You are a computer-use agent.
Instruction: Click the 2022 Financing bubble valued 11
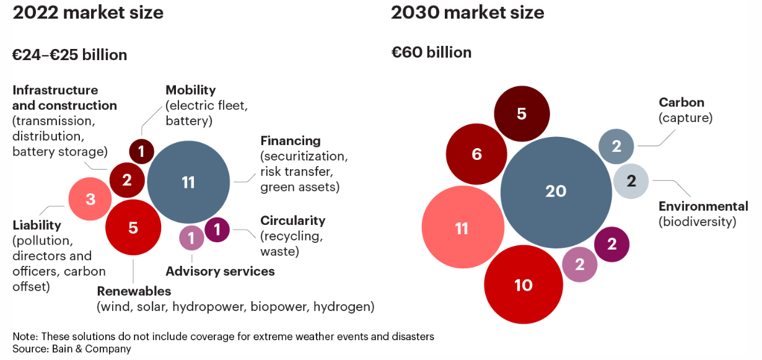pos(188,182)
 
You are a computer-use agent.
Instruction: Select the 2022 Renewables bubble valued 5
pos(133,227)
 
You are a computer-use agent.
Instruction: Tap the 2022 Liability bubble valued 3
pos(90,199)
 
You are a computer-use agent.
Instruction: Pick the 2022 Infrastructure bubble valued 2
pos(127,180)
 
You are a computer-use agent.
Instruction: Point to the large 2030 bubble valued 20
pos(556,191)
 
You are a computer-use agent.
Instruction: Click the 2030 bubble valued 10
pos(523,285)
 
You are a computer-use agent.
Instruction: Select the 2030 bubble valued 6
pos(476,154)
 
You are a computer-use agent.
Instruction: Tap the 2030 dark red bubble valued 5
pos(522,114)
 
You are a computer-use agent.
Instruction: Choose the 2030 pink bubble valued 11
pos(462,229)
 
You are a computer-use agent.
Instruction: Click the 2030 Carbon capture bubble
pos(616,147)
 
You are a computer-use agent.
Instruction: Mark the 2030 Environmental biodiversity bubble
pos(631,182)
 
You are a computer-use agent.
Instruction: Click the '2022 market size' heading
pos(88,12)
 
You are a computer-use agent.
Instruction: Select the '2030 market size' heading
pos(467,12)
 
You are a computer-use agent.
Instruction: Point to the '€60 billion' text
pos(431,53)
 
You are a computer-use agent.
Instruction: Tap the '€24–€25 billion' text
pos(70,55)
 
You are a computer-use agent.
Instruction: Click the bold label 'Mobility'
pos(190,90)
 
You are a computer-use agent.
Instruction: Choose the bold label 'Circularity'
pos(292,221)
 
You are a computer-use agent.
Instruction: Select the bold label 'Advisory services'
pos(220,271)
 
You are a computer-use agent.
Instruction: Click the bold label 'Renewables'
pos(134,291)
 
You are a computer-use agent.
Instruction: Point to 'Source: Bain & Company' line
pos(72,349)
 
